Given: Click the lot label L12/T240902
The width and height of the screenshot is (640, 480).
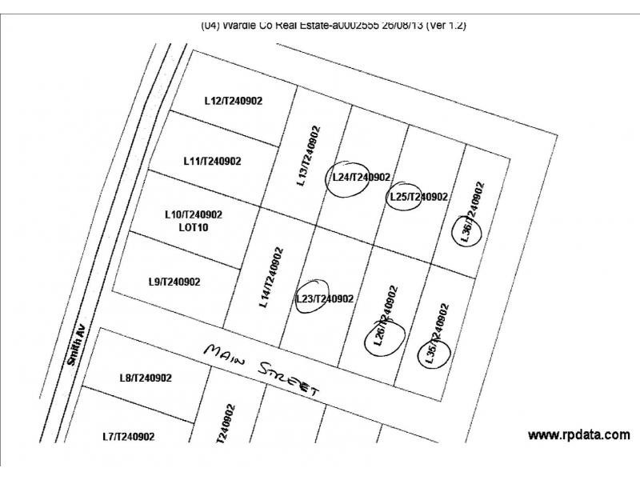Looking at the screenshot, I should pos(234,102).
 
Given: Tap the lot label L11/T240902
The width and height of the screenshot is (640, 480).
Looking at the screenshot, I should pos(212,161).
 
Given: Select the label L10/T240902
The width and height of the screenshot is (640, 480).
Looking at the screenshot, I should pos(193,214).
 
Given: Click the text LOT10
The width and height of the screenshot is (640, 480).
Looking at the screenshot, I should pos(193,227).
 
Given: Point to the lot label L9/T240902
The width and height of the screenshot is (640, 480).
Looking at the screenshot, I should pos(174,282).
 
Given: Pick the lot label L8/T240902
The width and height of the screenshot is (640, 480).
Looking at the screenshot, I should pos(146,378).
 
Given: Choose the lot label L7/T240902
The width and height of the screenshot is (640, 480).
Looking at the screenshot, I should pos(128,437).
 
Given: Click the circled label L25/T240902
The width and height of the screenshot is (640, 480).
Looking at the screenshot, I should pos(418,197).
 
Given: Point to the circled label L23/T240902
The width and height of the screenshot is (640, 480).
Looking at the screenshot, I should pos(324,299).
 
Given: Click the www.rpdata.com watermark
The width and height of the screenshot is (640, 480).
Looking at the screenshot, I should pos(578,435).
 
